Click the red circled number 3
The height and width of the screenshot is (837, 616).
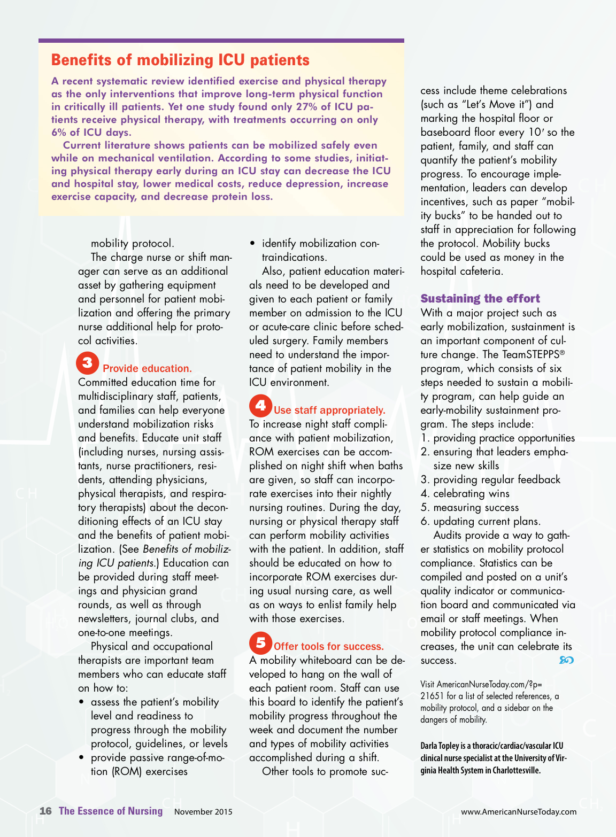[88, 363]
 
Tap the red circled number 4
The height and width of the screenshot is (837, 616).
[260, 406]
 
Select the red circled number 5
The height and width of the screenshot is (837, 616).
[260, 642]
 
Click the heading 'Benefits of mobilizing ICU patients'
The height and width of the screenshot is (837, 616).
[180, 60]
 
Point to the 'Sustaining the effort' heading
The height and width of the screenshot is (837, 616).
[480, 298]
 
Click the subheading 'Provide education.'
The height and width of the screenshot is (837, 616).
[147, 368]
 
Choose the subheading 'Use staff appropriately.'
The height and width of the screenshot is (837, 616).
[329, 410]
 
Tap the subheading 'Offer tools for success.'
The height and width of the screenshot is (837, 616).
[329, 646]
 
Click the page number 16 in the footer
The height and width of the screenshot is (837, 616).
[45, 811]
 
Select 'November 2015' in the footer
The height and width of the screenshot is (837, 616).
[203, 811]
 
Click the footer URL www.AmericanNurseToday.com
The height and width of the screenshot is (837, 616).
[519, 811]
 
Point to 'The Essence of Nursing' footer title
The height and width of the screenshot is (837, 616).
[111, 811]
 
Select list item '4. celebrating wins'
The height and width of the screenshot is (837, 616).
[465, 493]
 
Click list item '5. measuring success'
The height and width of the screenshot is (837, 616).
[469, 507]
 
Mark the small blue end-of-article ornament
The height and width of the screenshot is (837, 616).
[566, 660]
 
